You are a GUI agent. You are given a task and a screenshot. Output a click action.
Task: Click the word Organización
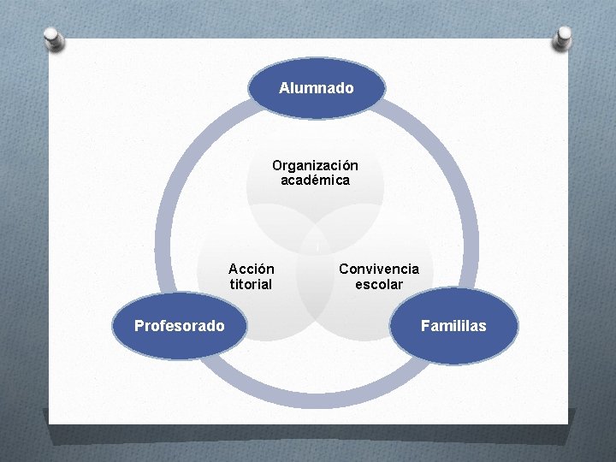(315, 165)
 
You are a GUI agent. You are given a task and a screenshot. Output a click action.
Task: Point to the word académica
(315, 181)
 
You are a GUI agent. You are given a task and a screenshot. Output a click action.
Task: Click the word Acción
(252, 269)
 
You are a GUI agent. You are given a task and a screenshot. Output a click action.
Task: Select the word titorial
(251, 284)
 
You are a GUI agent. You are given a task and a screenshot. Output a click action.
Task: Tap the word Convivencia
(379, 269)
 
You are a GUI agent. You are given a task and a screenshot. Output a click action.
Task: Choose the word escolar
(379, 284)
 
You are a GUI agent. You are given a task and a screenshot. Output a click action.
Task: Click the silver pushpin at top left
(53, 38)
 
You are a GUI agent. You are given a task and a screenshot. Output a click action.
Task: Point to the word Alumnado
(317, 88)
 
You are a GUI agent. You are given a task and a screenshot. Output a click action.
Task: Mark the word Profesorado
(180, 326)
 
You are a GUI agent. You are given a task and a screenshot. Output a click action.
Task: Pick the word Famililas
(453, 326)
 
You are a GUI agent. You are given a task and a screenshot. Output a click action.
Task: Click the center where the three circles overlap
(315, 248)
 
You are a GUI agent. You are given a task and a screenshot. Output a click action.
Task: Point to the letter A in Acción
(234, 269)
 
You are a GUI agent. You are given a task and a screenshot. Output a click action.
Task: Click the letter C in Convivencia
(344, 269)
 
